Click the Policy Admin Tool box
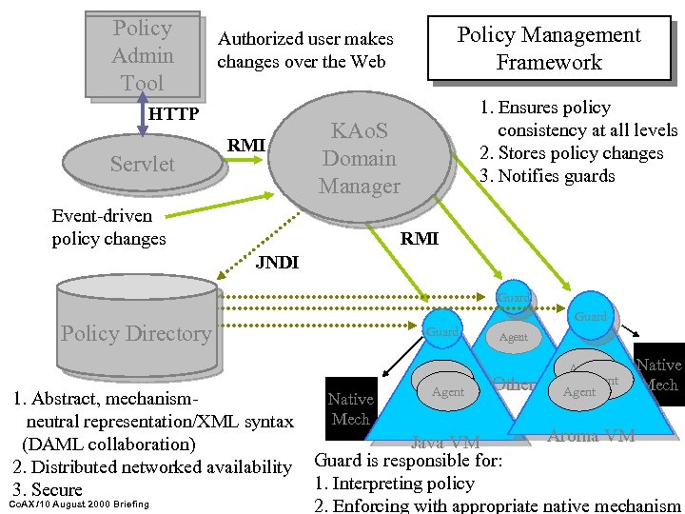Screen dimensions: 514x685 coord(143,55)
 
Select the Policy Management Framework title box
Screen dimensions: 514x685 coord(548,49)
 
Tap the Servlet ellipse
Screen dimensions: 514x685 coord(143,164)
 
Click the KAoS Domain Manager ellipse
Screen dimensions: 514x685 coord(359,158)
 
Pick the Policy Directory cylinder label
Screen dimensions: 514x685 coord(136,333)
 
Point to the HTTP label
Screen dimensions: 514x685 coord(173,114)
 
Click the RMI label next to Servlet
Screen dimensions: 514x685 coord(245,145)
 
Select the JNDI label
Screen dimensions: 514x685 coord(277,263)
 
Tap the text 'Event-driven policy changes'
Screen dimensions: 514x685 coord(108,227)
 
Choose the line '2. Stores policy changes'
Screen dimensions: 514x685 coord(571,153)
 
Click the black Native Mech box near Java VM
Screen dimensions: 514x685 coord(350,408)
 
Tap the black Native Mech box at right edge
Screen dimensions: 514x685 coord(660,374)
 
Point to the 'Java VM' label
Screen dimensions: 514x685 coord(444,442)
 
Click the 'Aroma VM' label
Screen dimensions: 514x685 coord(592,436)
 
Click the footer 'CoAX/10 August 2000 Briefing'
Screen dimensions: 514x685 coord(78,503)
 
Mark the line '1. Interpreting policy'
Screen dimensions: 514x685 coord(394,484)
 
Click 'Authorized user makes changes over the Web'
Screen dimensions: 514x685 coord(304,50)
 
